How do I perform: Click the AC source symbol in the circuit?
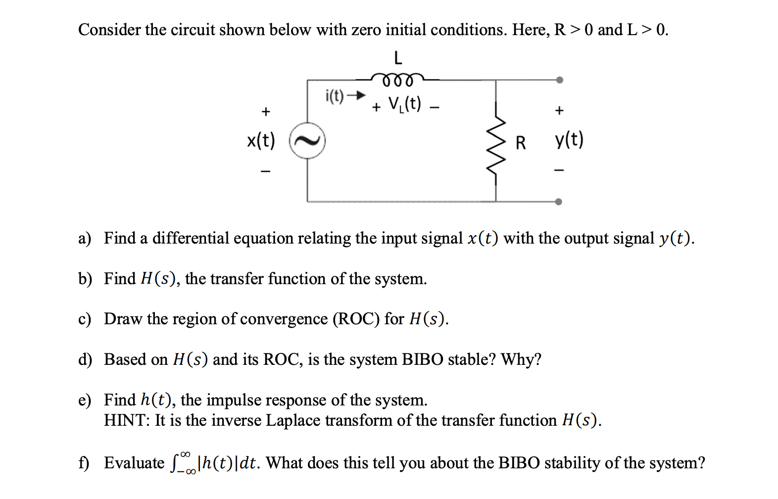[307, 141]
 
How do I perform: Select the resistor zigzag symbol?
[496, 144]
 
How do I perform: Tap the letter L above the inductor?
[397, 58]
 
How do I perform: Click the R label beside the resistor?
[520, 143]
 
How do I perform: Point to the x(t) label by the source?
[261, 141]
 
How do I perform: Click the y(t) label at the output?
[569, 140]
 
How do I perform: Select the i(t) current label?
[335, 95]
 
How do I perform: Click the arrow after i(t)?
[356, 95]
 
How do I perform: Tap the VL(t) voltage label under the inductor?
[405, 104]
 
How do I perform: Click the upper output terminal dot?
[559, 80]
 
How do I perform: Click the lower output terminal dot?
[558, 201]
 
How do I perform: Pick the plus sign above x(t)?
[266, 111]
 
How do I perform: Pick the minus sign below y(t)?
[559, 170]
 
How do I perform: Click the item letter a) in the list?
[85, 239]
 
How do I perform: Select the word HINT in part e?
[126, 420]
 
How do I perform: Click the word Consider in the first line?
[109, 30]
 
